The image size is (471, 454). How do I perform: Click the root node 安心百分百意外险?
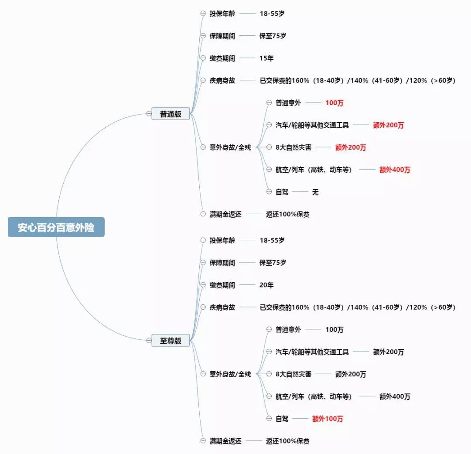(56, 227)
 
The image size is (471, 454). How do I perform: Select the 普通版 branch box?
(171, 113)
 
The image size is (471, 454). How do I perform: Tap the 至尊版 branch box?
(171, 341)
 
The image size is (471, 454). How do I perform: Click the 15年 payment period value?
(266, 58)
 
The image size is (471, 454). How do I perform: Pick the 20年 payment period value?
(266, 285)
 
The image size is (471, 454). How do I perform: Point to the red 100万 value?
(334, 103)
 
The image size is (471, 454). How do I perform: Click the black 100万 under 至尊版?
(334, 330)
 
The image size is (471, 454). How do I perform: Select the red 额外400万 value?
(395, 170)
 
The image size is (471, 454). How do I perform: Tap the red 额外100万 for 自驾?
(328, 419)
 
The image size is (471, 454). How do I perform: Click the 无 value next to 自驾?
(315, 192)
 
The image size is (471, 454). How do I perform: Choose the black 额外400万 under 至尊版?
(395, 396)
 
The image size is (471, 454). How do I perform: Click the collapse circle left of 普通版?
(149, 113)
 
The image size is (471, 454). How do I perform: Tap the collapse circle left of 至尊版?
(149, 341)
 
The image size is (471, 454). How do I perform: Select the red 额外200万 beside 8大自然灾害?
(351, 147)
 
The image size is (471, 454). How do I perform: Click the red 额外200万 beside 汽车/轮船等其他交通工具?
(389, 125)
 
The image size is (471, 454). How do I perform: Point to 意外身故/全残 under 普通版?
(230, 147)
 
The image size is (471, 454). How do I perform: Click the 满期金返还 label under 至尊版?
(225, 441)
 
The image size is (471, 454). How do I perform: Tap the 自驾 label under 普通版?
(282, 192)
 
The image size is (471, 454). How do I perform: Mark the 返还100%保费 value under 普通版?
(287, 214)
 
